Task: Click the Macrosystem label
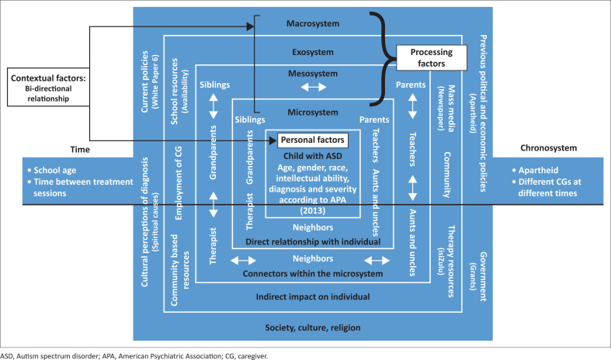coord(313,23)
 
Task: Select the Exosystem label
coord(313,52)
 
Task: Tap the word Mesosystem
coord(313,74)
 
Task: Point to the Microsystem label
coord(313,112)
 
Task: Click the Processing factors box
coord(432,57)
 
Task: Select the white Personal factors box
coord(313,140)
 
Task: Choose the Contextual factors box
coord(48,88)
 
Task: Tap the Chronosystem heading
coord(549,148)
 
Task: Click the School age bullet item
coord(52,170)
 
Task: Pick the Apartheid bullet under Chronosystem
coord(535,170)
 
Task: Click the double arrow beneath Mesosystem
coord(314,87)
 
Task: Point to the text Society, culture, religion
coord(313,327)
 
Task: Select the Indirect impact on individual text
coord(313,297)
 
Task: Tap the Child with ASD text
coord(313,156)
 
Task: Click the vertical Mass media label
coord(446,109)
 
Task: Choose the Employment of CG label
coord(179,183)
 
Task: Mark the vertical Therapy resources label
coord(446,261)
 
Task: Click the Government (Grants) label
coord(478,277)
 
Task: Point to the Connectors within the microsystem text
coord(313,274)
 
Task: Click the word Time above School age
coord(80,150)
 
